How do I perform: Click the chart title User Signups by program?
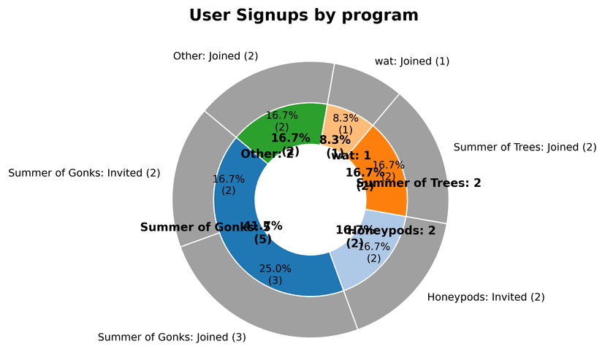304,15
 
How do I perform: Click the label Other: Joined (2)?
216,55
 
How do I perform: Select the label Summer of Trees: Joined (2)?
525,148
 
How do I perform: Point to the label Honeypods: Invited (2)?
485,297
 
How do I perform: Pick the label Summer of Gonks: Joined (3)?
172,337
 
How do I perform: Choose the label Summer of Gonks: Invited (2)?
83,173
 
